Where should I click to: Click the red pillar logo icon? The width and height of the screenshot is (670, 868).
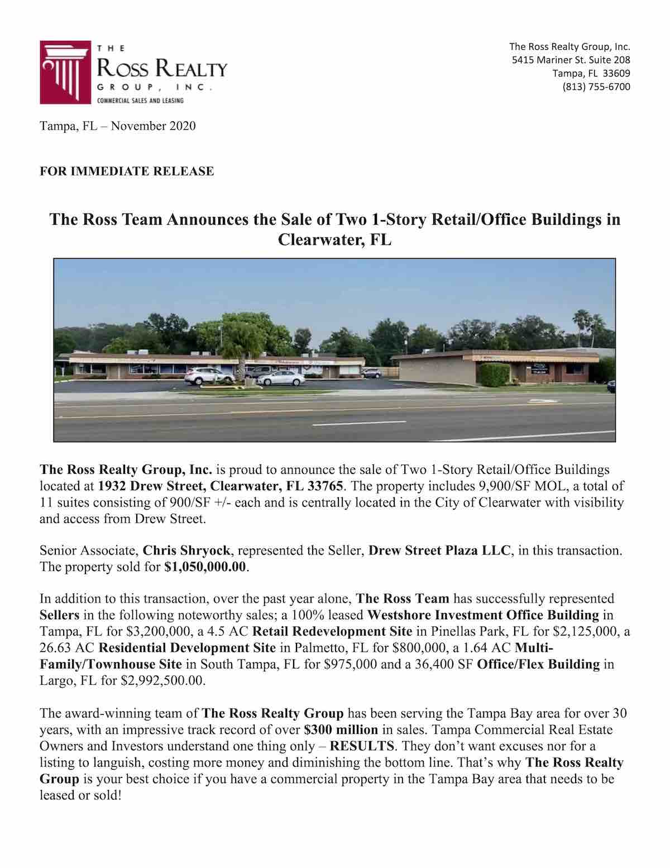pos(63,72)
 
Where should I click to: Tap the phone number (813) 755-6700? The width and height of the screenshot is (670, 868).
pos(596,87)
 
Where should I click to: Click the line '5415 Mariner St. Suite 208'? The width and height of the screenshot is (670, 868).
pos(571,60)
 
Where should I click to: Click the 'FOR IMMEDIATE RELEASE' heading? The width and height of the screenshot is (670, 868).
pos(127,171)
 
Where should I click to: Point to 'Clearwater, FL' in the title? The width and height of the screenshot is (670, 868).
pos(334,240)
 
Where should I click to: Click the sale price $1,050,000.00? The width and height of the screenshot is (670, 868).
pos(205,567)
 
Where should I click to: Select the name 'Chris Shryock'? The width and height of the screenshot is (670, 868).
pos(186,551)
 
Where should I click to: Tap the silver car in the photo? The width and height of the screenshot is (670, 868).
pos(281,378)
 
